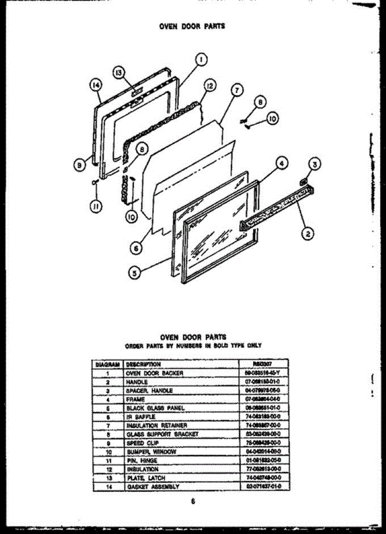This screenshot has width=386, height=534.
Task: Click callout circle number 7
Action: (x=237, y=90)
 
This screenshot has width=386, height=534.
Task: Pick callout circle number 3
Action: (x=314, y=166)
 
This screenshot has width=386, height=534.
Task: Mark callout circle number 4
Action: (x=281, y=164)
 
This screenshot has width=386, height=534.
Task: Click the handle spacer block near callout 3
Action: (x=304, y=180)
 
